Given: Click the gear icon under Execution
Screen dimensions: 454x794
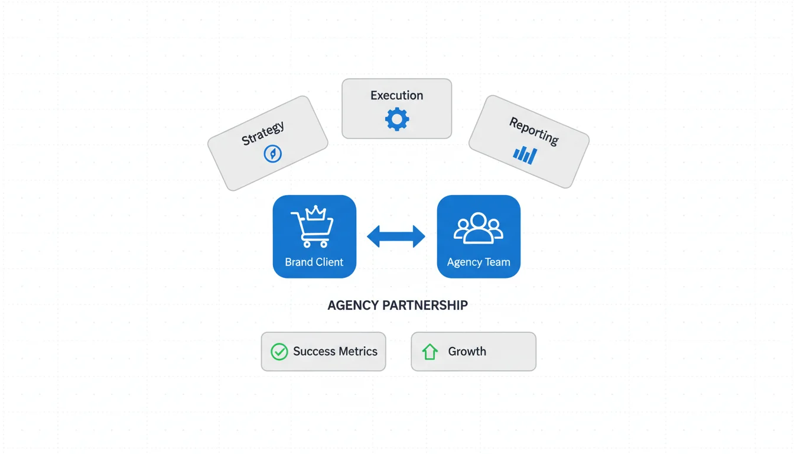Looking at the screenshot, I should click(x=397, y=119).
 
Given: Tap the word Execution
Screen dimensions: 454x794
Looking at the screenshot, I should click(x=397, y=95).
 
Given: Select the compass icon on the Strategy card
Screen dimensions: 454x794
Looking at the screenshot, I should click(x=272, y=154).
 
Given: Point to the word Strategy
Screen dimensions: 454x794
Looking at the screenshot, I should click(x=263, y=133).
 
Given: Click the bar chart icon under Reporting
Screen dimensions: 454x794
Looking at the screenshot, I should click(x=525, y=155).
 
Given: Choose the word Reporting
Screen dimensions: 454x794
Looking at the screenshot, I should click(x=534, y=131).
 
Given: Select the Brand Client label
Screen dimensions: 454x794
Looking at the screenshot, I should click(x=314, y=262).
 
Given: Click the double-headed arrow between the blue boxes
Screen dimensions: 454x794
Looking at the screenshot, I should click(x=396, y=236).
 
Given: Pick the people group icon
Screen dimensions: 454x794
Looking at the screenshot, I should click(x=479, y=228).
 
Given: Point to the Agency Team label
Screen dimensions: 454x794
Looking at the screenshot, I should click(x=479, y=262).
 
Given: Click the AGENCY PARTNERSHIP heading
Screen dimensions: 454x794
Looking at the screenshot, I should click(x=398, y=305).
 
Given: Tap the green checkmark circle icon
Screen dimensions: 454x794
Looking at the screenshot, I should click(x=279, y=352).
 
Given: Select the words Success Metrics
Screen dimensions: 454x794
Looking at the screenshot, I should click(x=335, y=352).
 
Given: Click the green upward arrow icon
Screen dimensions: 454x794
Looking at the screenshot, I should click(x=429, y=352).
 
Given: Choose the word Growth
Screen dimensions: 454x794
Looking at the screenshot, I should click(x=467, y=352).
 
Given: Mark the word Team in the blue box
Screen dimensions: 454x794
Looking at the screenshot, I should click(x=497, y=262).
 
